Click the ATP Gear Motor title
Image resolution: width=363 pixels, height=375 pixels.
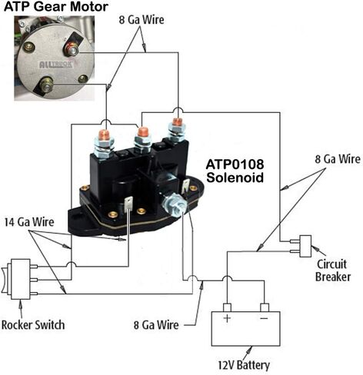[56, 7]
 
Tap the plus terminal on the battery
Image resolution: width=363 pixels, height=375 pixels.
[227, 307]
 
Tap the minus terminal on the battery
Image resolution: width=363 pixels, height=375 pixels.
[265, 307]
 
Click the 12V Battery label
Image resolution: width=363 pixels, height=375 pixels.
[244, 365]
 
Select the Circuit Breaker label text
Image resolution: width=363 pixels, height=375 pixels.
[332, 270]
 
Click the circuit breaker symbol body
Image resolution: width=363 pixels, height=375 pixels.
[305, 246]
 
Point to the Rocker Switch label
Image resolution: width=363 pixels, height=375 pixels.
[33, 325]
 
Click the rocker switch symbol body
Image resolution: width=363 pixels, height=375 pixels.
[21, 279]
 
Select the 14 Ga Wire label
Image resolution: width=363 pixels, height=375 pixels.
[29, 222]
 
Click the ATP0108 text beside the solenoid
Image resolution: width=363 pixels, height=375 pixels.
[235, 164]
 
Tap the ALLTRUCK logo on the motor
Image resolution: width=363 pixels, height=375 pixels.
[56, 65]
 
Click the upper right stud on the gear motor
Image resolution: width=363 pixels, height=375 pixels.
[72, 50]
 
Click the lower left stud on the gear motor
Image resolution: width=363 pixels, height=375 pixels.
[46, 85]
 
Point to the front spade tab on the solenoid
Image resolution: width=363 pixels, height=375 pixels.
[128, 204]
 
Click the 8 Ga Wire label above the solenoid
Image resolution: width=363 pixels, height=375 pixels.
[142, 20]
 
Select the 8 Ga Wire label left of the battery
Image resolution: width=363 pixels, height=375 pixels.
[156, 325]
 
